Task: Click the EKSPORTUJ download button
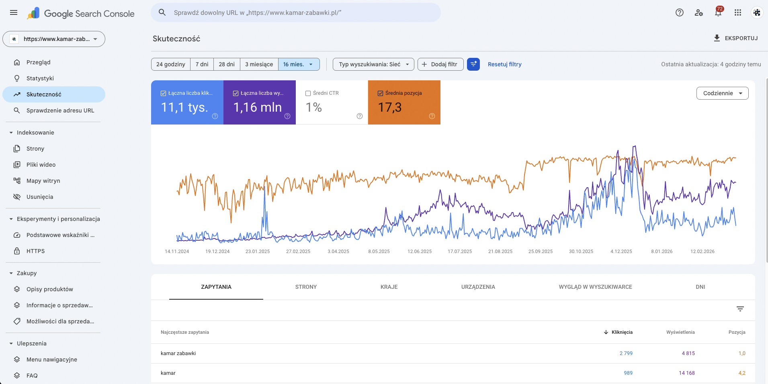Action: click(735, 38)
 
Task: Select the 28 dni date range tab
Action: click(227, 64)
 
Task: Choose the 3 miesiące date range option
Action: click(259, 64)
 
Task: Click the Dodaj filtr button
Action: click(440, 64)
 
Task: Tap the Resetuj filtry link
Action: click(504, 64)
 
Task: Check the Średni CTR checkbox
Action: click(308, 93)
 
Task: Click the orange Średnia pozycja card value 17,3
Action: click(390, 107)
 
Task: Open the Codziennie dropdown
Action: click(722, 93)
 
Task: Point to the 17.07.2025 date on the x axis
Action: click(460, 251)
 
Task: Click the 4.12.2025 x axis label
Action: click(621, 251)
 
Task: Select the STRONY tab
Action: click(306, 287)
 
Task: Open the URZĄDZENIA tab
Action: click(478, 287)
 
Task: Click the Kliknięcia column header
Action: click(622, 332)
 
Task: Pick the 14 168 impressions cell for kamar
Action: click(686, 373)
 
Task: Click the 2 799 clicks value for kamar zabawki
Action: click(626, 353)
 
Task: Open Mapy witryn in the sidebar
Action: click(43, 181)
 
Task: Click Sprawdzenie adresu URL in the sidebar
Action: click(60, 110)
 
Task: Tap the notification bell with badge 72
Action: click(718, 12)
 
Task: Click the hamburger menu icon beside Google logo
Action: click(14, 12)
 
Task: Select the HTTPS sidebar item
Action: click(35, 251)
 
